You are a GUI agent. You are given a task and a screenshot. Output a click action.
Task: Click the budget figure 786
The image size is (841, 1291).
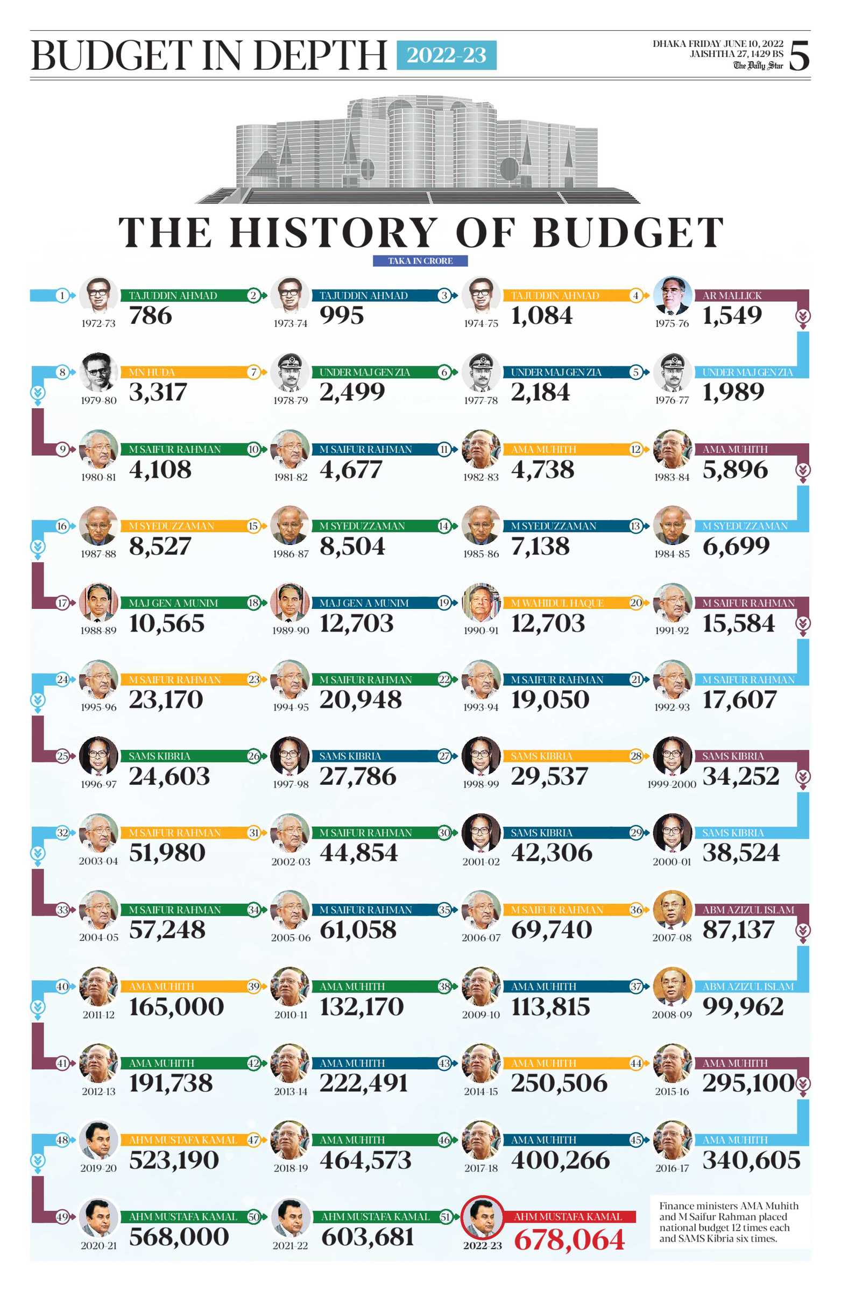[x=150, y=316]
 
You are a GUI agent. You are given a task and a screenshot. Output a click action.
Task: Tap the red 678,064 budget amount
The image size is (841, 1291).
[x=569, y=1240]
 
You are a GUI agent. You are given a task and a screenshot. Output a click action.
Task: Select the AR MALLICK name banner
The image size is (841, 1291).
[x=732, y=296]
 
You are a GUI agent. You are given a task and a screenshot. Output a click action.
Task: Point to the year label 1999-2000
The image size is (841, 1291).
[x=671, y=784]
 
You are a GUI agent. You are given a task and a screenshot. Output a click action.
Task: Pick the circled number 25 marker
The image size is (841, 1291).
[x=62, y=756]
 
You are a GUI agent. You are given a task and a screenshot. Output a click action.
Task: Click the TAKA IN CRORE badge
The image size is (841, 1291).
[x=420, y=261]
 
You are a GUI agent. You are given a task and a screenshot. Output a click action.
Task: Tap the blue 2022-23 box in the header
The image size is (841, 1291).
[x=446, y=55]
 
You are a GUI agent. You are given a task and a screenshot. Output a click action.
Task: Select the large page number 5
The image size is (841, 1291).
[x=798, y=55]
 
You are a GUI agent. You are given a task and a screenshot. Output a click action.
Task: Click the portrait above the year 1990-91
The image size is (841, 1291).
[x=480, y=602]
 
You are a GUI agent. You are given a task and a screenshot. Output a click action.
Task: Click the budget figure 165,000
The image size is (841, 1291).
[x=176, y=1008]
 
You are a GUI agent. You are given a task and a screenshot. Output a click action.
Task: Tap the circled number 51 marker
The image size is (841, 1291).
[x=445, y=1217]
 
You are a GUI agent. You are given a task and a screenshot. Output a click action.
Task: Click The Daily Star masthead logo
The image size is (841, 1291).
[x=758, y=66]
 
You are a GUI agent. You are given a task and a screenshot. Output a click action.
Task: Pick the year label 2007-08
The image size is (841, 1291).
[x=672, y=938]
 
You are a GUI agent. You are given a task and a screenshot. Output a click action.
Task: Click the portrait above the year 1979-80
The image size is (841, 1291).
[x=98, y=372]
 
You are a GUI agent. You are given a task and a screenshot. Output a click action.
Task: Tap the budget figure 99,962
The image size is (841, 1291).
[x=743, y=1008]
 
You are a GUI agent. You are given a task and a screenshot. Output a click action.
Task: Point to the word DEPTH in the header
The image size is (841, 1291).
[x=320, y=55]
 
